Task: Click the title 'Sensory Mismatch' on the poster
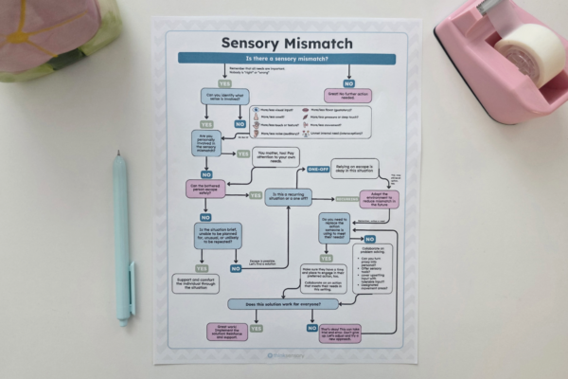point(286,43)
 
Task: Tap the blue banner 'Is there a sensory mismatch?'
point(286,59)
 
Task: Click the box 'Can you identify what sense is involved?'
point(221,97)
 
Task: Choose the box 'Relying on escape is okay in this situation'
point(354,168)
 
